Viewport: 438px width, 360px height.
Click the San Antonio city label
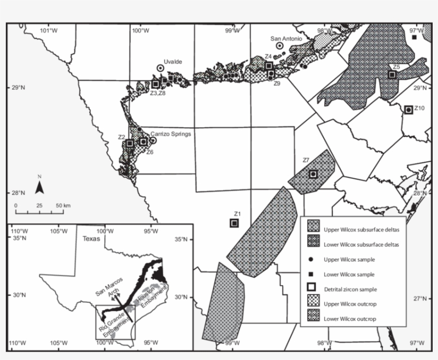pos(286,38)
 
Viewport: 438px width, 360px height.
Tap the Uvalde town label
pos(173,61)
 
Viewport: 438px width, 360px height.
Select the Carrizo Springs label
pos(170,134)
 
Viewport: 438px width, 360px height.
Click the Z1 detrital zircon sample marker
pos(234,223)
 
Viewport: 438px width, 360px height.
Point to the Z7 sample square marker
pos(313,174)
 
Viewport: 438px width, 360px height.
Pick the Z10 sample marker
pos(409,109)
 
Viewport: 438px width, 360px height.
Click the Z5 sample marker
pos(392,75)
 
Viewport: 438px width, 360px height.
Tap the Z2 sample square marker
pos(130,143)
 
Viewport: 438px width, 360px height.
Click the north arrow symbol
pos(40,186)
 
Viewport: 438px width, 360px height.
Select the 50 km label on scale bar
pos(63,206)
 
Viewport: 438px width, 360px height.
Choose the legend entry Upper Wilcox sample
pos(350,259)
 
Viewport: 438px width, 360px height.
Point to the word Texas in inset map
pos(91,239)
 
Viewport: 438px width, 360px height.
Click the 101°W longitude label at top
pos(49,30)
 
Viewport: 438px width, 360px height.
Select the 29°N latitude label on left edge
pos(18,88)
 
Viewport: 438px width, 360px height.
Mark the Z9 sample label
pos(277,84)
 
